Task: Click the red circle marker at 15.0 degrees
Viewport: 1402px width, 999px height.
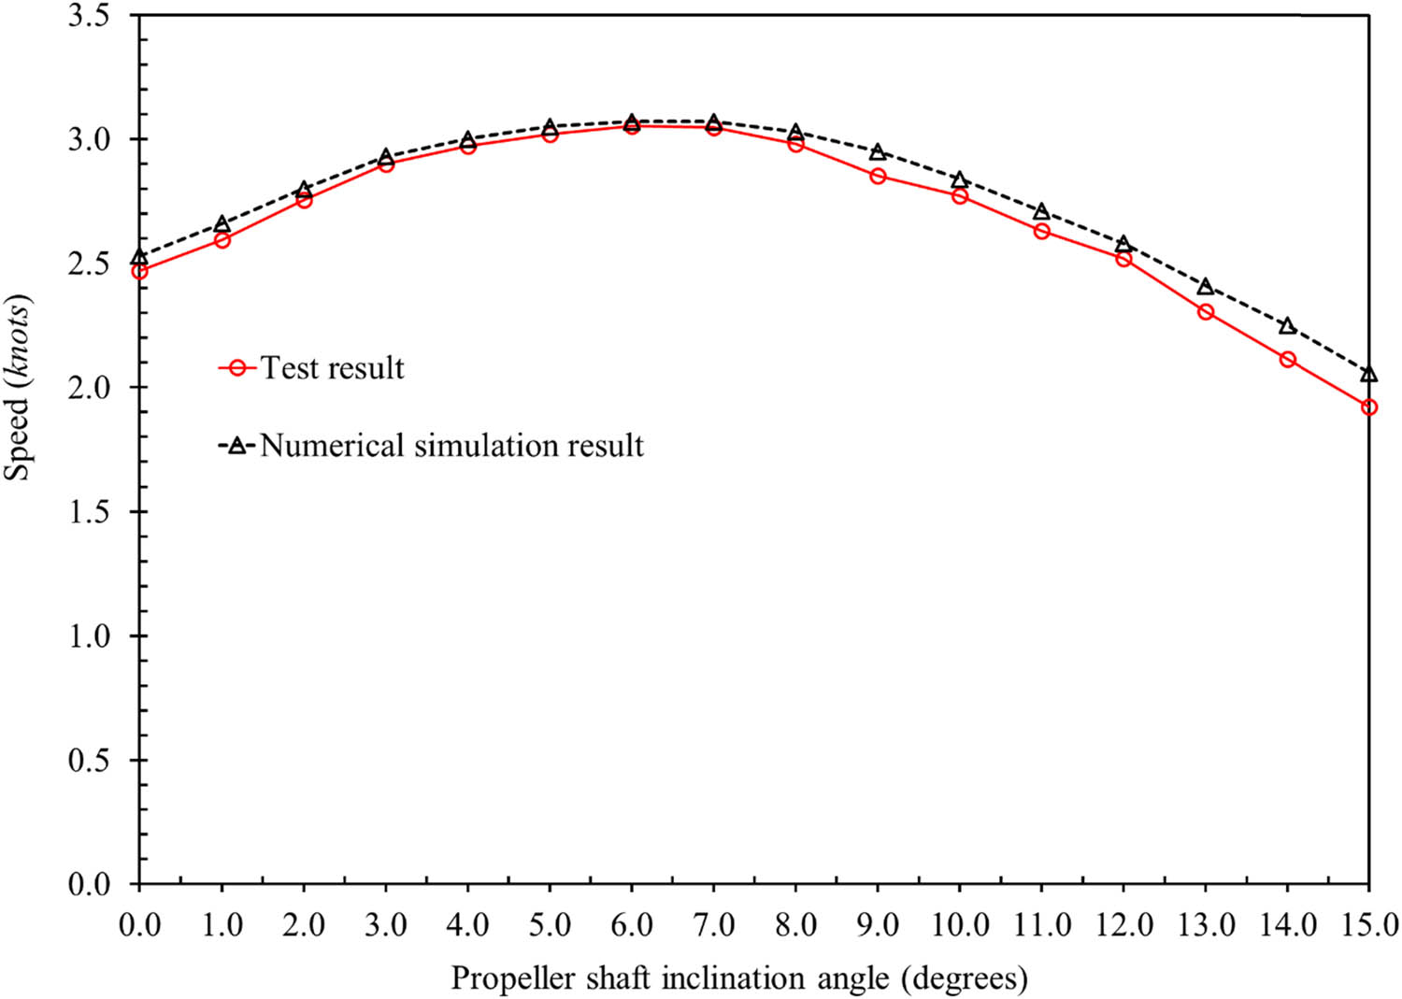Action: pos(1369,407)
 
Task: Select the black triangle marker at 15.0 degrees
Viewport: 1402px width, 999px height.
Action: pos(1369,374)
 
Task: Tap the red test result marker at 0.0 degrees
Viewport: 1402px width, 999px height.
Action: pos(140,271)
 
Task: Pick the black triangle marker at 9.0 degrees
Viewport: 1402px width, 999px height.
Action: pos(878,152)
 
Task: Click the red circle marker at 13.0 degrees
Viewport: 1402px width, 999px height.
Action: pos(1206,311)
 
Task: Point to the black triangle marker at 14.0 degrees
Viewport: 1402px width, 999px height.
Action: pos(1287,326)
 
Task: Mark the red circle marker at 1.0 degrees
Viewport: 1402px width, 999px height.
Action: pos(222,240)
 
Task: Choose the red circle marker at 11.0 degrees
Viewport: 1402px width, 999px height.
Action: pos(1041,231)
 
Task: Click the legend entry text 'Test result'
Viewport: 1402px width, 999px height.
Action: pos(332,368)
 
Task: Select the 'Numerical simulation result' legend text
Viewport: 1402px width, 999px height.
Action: pos(451,445)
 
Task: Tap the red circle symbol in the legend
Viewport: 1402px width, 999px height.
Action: pos(237,368)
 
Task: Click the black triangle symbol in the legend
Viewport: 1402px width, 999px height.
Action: pos(237,446)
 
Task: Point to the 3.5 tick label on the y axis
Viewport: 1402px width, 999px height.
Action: pos(89,16)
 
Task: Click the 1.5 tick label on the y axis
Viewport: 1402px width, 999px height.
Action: pos(89,512)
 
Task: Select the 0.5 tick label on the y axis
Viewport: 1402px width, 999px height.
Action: pos(89,760)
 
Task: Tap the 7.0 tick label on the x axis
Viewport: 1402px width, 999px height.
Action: pos(713,925)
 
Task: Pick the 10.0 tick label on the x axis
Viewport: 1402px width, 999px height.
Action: pos(960,925)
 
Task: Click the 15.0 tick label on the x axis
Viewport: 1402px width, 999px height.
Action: pos(1368,925)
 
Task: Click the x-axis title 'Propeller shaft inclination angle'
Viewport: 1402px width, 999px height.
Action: pos(738,978)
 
